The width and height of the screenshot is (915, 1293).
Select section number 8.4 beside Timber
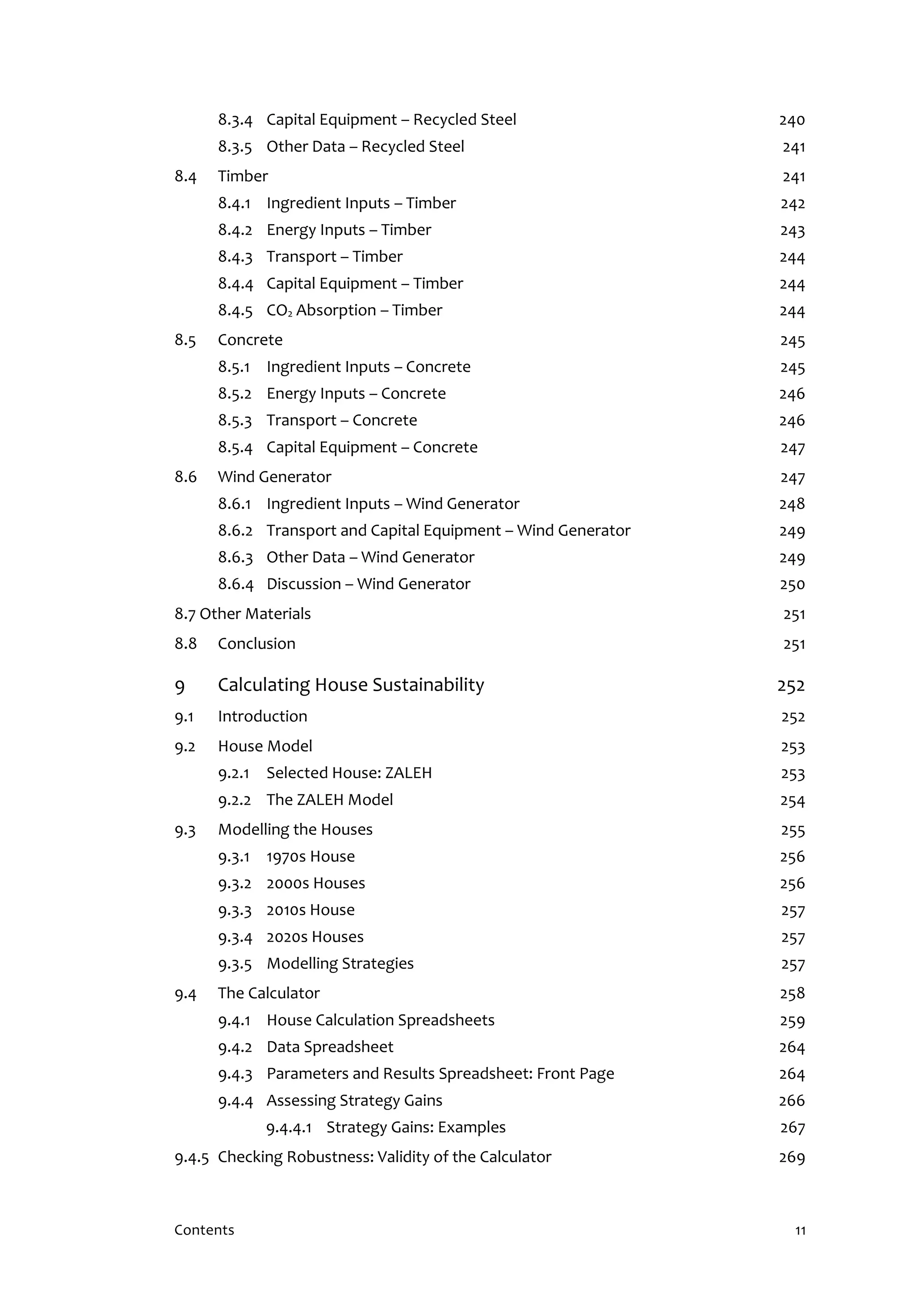(x=185, y=176)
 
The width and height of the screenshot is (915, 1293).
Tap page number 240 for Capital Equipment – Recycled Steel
(x=792, y=120)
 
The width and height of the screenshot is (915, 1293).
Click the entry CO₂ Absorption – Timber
(x=354, y=310)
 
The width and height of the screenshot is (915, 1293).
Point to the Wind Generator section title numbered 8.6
(x=274, y=477)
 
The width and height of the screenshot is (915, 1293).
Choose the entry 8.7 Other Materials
(x=242, y=614)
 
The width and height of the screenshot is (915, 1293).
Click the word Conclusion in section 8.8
(x=256, y=644)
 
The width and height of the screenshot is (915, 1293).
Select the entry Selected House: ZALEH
(x=349, y=773)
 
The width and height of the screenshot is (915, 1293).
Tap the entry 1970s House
(x=311, y=856)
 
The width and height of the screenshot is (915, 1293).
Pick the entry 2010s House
(x=311, y=910)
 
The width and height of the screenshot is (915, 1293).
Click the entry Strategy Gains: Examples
(x=416, y=1127)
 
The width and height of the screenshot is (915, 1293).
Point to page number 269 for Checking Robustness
(x=792, y=1158)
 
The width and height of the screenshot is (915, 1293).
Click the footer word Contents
(x=204, y=1230)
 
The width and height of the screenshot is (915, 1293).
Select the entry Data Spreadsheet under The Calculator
(x=330, y=1047)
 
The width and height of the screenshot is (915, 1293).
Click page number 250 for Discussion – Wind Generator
(x=792, y=584)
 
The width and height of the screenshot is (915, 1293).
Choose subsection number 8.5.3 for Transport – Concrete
(x=235, y=421)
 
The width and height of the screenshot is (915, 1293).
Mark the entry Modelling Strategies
(x=340, y=963)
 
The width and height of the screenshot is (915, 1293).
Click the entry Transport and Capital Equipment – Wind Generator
(x=448, y=530)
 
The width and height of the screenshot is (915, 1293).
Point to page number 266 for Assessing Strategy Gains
(x=792, y=1101)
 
